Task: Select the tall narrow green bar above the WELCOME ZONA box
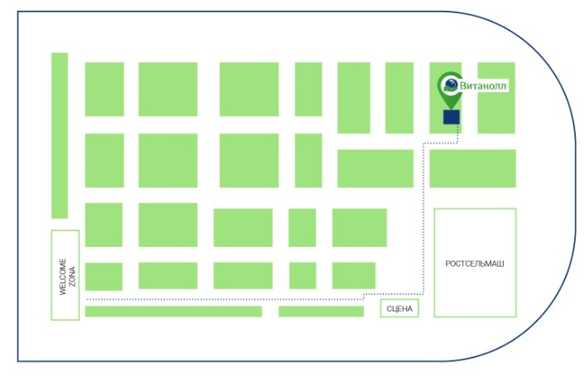point(60,135)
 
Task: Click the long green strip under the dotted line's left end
point(173,311)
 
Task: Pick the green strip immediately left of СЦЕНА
point(321,311)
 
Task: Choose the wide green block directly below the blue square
point(472,168)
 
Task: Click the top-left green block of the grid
point(104,89)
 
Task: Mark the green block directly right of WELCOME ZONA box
point(104,276)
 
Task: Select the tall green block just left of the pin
point(399,98)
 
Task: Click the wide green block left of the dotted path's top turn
point(375,168)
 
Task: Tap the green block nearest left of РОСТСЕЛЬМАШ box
point(359,228)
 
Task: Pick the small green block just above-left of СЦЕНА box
point(353,275)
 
